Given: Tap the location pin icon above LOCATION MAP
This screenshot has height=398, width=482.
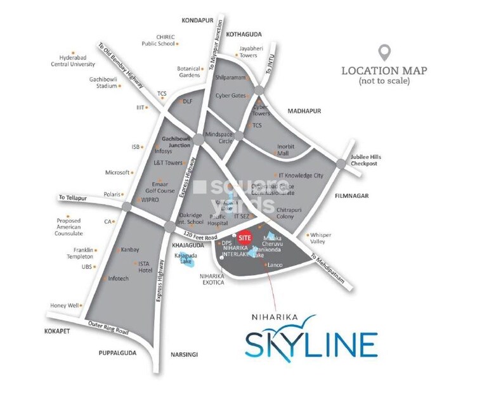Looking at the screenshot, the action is (x=384, y=53).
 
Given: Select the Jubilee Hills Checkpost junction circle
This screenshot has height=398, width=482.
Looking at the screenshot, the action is (x=342, y=164).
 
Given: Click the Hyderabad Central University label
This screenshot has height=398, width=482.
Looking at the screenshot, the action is (x=74, y=60).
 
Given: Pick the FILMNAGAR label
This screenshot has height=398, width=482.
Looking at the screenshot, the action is (x=351, y=196).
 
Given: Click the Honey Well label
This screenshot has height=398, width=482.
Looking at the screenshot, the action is (x=64, y=305).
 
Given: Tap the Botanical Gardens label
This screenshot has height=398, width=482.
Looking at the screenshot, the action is (x=188, y=71).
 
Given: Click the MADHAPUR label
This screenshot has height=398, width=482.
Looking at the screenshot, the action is (x=304, y=111).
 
